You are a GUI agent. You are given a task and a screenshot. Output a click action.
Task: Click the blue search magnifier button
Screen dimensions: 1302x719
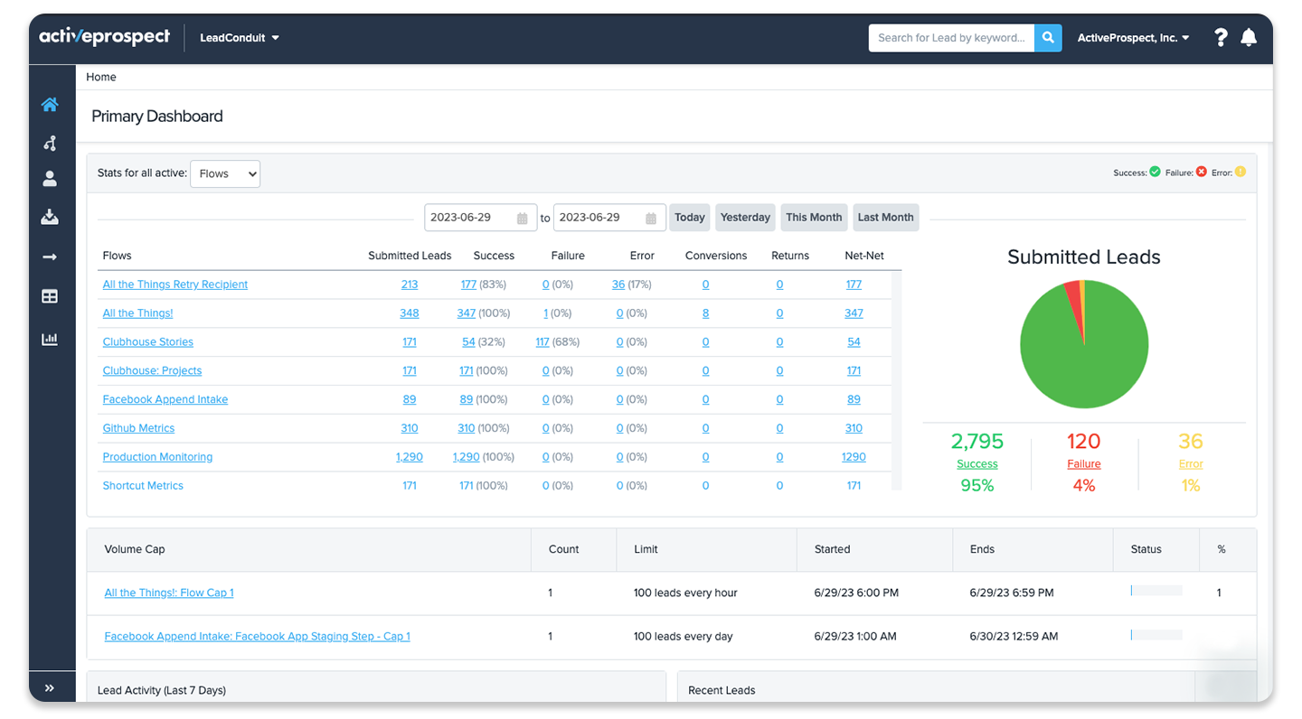(x=1047, y=38)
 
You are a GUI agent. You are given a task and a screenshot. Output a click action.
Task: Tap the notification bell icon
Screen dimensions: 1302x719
(x=1249, y=38)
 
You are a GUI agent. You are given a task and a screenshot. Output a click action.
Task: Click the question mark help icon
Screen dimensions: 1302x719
(x=1221, y=38)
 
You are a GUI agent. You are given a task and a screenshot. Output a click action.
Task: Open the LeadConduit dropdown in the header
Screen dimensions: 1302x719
(x=239, y=38)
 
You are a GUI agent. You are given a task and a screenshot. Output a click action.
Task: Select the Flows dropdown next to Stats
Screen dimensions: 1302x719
(x=225, y=173)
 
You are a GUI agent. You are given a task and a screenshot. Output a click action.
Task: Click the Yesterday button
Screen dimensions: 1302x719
(x=745, y=217)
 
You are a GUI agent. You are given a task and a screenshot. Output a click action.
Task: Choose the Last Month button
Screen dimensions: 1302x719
(x=885, y=217)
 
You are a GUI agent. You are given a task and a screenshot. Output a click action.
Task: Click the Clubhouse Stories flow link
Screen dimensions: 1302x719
(x=147, y=341)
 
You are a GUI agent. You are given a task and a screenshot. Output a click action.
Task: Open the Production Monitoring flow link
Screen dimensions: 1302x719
(x=157, y=456)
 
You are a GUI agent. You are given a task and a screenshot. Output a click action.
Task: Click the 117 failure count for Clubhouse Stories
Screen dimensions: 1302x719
(x=542, y=341)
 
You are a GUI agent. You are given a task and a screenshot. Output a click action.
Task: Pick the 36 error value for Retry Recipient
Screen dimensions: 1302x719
(x=618, y=284)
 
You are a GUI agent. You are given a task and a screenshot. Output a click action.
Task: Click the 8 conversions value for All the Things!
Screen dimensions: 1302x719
(x=705, y=313)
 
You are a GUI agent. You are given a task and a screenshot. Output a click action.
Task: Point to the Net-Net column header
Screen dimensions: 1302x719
(x=863, y=256)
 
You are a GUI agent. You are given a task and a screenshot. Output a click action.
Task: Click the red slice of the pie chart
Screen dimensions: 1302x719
(x=1075, y=308)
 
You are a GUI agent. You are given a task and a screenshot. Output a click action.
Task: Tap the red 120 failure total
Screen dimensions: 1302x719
(x=1083, y=442)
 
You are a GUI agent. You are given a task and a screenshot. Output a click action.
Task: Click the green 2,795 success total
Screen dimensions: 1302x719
(x=977, y=442)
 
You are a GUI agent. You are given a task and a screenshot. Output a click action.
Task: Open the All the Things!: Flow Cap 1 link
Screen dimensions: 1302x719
(x=168, y=593)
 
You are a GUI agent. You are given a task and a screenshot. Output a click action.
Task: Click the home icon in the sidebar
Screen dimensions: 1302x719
(x=50, y=105)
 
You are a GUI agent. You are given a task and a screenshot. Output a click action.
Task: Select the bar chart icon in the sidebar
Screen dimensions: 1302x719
(x=50, y=339)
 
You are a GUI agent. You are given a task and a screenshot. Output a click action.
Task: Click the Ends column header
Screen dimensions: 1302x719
(x=982, y=549)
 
